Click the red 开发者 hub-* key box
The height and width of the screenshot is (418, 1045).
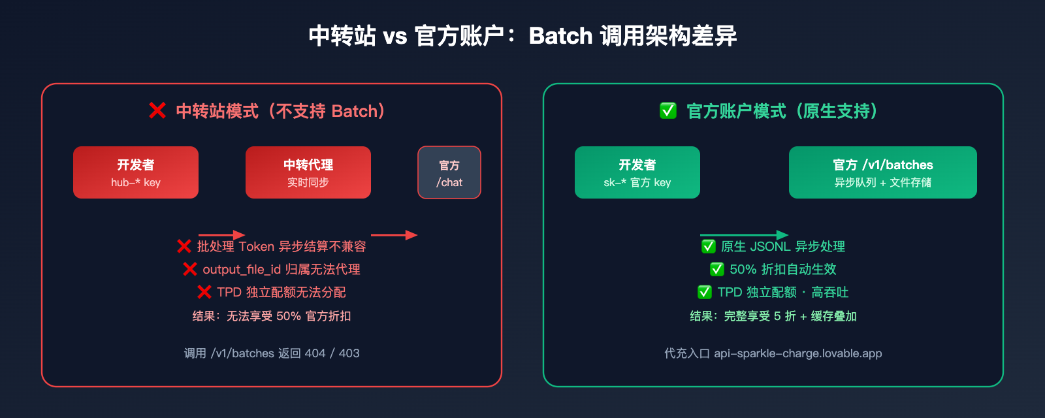pos(136,172)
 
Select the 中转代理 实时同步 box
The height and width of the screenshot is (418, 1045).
pos(308,172)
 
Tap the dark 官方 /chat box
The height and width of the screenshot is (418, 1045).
pos(449,172)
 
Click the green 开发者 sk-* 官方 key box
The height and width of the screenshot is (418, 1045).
pos(637,172)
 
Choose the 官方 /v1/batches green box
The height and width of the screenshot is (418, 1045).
pos(883,172)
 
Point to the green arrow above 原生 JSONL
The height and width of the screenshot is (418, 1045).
pos(744,234)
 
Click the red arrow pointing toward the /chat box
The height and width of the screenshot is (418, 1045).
pos(394,234)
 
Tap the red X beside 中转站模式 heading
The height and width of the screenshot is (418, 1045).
pos(157,111)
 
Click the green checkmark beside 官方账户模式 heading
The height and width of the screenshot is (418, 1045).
pos(668,111)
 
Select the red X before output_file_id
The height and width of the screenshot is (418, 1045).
pos(190,269)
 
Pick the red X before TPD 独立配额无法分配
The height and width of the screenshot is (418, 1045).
pos(204,292)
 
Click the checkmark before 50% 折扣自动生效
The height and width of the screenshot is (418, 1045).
pos(717,269)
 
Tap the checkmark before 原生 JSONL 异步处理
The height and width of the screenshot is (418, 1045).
pos(709,246)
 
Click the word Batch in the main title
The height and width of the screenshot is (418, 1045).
pos(560,36)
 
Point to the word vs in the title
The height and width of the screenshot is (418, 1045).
pos(395,37)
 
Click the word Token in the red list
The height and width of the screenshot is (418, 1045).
pos(256,246)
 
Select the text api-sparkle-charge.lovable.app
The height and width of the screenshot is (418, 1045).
pos(797,353)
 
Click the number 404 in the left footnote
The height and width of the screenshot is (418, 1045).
pos(315,353)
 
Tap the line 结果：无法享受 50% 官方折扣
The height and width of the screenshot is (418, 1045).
pos(272,316)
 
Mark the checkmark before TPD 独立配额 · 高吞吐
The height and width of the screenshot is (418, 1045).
pos(705,292)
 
